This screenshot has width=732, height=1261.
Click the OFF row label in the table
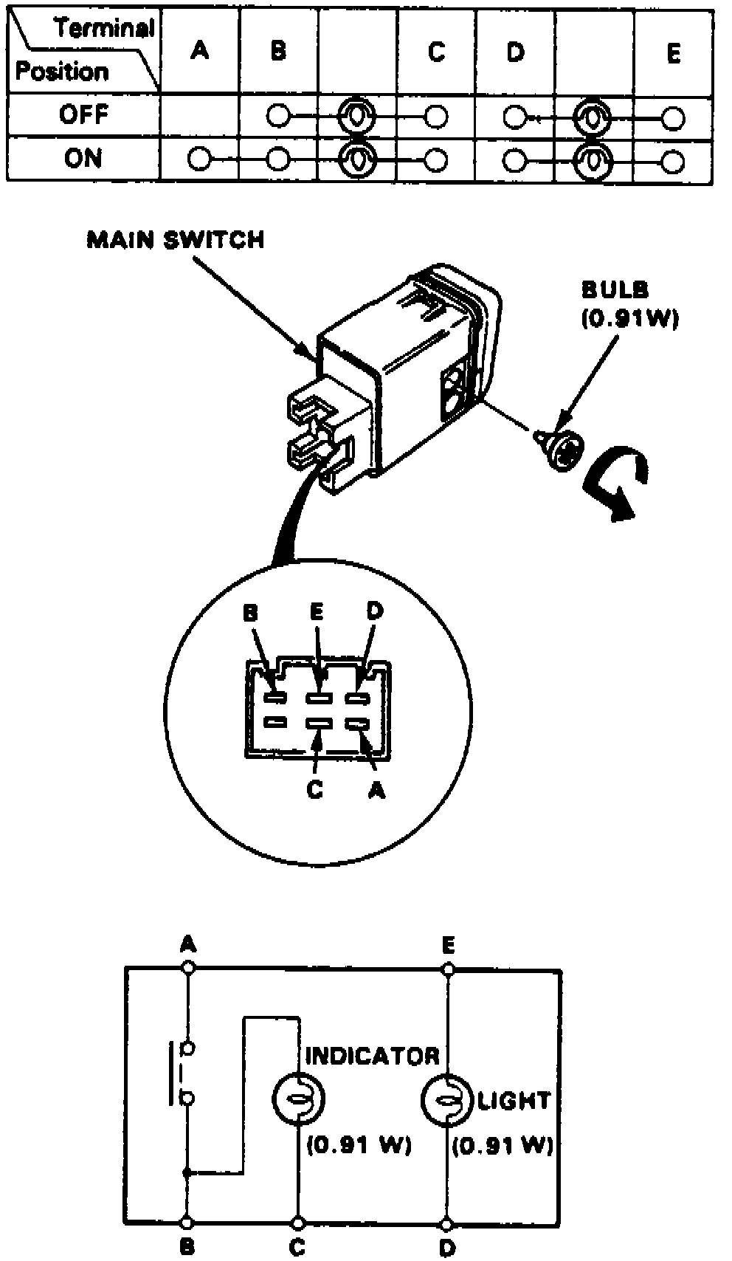tap(83, 114)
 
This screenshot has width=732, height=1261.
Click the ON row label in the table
tap(83, 158)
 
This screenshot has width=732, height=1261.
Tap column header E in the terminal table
tap(672, 53)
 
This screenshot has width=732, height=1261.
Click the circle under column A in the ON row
tap(198, 159)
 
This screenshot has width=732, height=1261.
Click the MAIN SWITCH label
tap(175, 240)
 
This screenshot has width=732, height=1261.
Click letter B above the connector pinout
tap(251, 613)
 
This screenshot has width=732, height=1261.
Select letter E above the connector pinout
tap(316, 611)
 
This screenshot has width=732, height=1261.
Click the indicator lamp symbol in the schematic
tap(299, 1099)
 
